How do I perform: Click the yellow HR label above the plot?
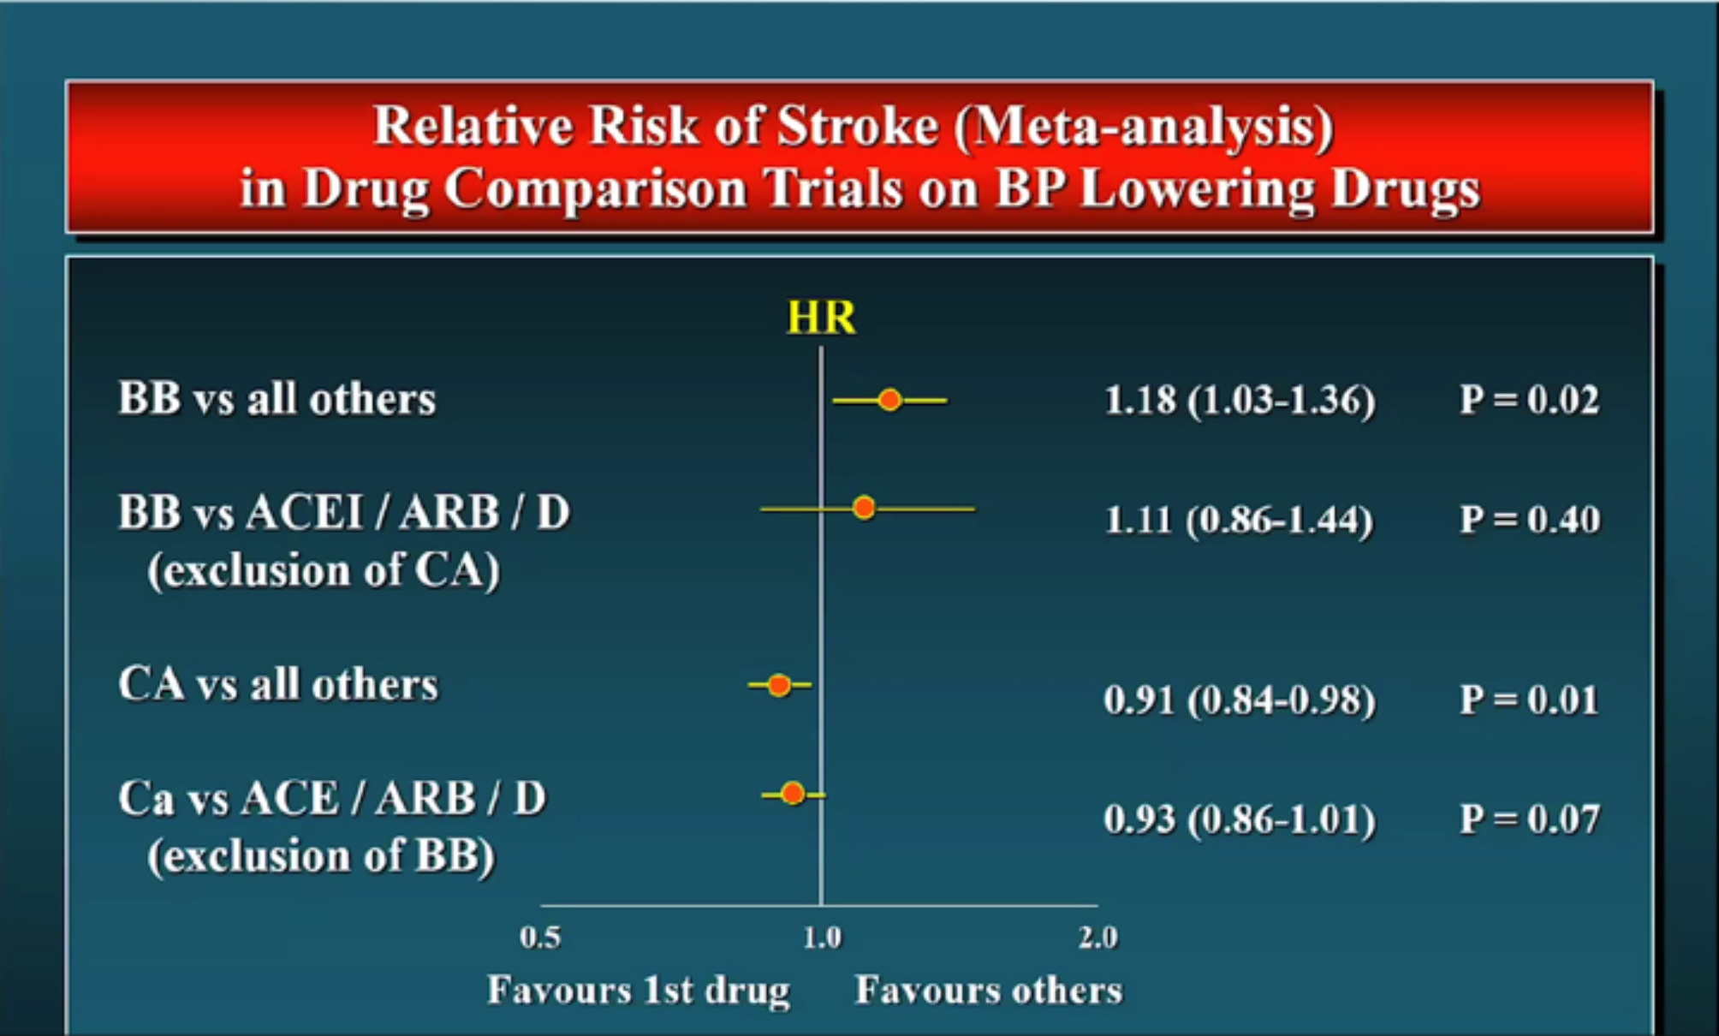[821, 318]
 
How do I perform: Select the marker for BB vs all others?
[890, 400]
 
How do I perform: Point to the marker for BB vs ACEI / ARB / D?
[864, 508]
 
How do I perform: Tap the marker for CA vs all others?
[779, 685]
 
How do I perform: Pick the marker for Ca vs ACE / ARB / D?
[793, 794]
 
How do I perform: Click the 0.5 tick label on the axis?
[540, 938]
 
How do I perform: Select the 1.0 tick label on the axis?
[822, 938]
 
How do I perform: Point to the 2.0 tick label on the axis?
[1098, 938]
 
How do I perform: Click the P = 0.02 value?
[1529, 400]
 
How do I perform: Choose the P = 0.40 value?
[1529, 519]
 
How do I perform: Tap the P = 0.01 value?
[1529, 700]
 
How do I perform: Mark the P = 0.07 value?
[1529, 819]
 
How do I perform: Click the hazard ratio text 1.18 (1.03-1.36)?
[1240, 401]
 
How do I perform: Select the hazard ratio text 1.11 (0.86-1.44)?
[1239, 520]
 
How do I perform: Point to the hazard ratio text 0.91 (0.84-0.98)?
[1240, 700]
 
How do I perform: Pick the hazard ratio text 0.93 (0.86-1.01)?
[1240, 820]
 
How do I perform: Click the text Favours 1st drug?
[639, 991]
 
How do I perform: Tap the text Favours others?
[989, 991]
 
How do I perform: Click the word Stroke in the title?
[858, 126]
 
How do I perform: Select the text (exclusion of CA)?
[324, 571]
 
